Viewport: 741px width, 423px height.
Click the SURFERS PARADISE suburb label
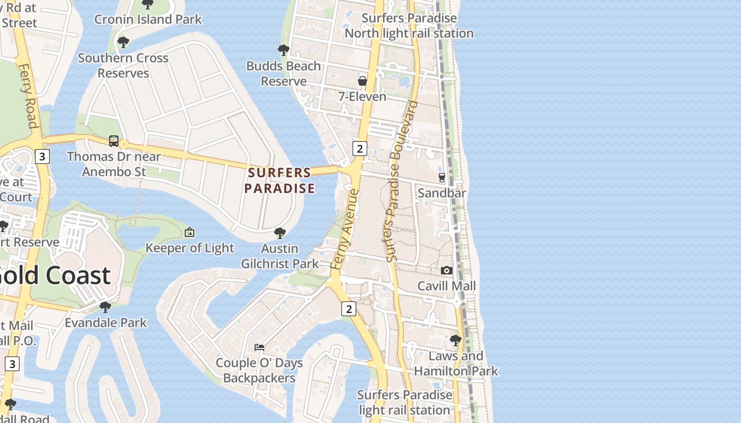click(x=279, y=180)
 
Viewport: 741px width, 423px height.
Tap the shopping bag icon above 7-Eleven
click(x=363, y=81)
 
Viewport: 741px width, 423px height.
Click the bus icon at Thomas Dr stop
click(x=114, y=141)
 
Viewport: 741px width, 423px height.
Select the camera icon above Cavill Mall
click(x=447, y=270)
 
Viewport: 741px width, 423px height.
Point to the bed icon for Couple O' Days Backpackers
click(x=259, y=347)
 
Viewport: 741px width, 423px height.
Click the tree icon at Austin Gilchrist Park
click(x=280, y=233)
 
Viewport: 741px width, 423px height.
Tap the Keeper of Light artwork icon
click(x=189, y=232)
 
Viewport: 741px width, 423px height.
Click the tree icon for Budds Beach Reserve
click(x=284, y=50)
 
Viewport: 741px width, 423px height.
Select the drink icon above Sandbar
click(x=442, y=177)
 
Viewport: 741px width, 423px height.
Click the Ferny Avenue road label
click(x=345, y=229)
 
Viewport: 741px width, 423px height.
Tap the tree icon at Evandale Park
click(x=105, y=307)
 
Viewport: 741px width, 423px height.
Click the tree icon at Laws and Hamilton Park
click(x=455, y=340)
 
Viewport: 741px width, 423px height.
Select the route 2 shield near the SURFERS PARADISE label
click(x=360, y=148)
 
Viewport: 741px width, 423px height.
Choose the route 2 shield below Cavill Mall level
click(x=348, y=309)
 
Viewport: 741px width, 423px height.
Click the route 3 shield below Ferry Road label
click(x=42, y=157)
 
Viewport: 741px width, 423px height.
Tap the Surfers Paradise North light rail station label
click(x=409, y=25)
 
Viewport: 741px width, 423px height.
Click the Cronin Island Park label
click(x=148, y=20)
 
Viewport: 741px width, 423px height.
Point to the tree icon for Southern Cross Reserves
click(x=123, y=42)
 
